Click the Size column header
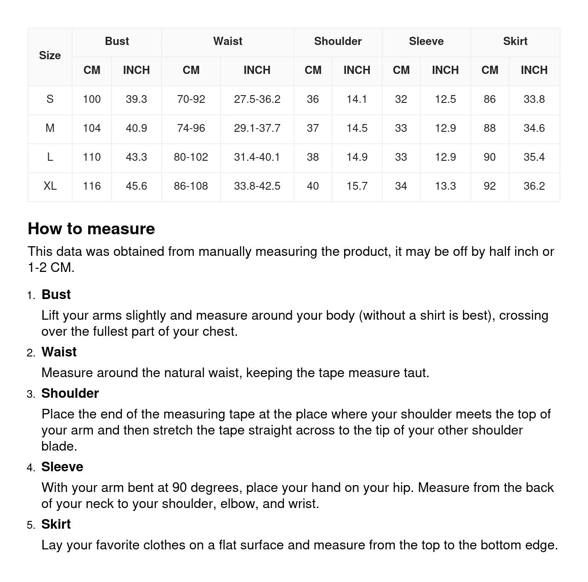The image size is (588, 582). pos(50,56)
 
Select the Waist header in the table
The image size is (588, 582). pos(227,41)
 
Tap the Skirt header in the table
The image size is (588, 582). pos(515,41)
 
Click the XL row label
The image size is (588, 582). pos(50,186)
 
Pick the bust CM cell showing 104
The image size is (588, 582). pos(91,128)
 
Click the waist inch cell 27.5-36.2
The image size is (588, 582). pos(257,99)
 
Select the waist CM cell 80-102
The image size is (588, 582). pos(191,157)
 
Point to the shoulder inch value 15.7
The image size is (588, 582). pos(356,186)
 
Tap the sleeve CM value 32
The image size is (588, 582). pos(401,99)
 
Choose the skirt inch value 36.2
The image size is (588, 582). pos(534,186)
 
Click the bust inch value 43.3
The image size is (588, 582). pos(136,157)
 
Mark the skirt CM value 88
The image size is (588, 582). pos(489,128)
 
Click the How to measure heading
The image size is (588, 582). pos(91,229)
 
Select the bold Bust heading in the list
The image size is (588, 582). pos(56,294)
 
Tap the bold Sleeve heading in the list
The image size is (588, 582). pos(62,467)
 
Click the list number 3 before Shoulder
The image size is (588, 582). pos(31,394)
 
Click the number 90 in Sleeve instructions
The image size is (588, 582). pos(179,487)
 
